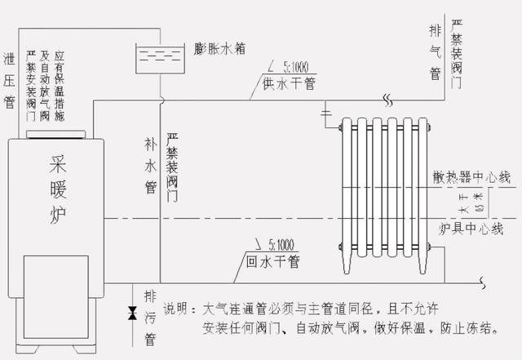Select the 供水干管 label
[x=289, y=82]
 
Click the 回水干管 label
[x=272, y=262]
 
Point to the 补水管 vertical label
[x=150, y=167]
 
